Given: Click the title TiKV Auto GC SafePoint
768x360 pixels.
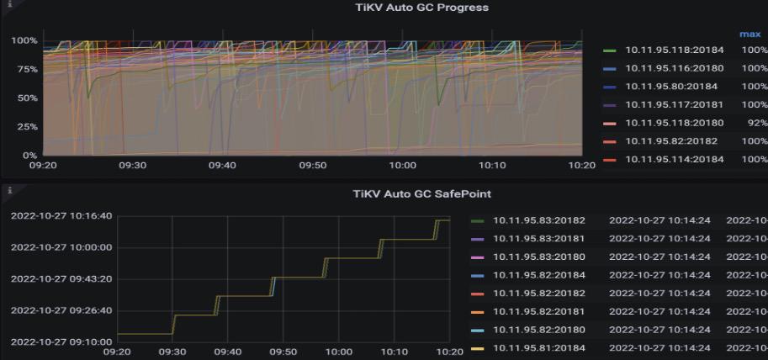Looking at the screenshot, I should point(421,194).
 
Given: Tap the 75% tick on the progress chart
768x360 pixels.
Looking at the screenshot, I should point(24,69).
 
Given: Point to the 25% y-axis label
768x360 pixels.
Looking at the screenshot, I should point(24,127).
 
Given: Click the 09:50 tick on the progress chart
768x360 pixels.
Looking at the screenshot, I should point(313,166).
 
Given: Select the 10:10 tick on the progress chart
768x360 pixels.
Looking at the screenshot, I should point(493,166).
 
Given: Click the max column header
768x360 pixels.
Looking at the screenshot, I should point(749,34).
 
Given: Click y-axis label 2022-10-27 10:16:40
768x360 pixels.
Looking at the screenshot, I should point(61,216).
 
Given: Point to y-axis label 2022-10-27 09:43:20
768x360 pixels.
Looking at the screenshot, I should point(61,278).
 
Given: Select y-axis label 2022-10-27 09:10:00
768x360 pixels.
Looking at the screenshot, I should point(61,341).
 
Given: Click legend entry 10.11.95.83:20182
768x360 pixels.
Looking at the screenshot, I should point(538,221).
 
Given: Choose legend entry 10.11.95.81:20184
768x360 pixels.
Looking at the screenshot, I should point(538,348).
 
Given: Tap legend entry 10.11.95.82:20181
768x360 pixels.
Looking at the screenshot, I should point(538,312).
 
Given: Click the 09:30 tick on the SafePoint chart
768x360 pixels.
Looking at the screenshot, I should point(172,352).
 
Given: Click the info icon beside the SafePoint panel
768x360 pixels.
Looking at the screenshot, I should point(8,191).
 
